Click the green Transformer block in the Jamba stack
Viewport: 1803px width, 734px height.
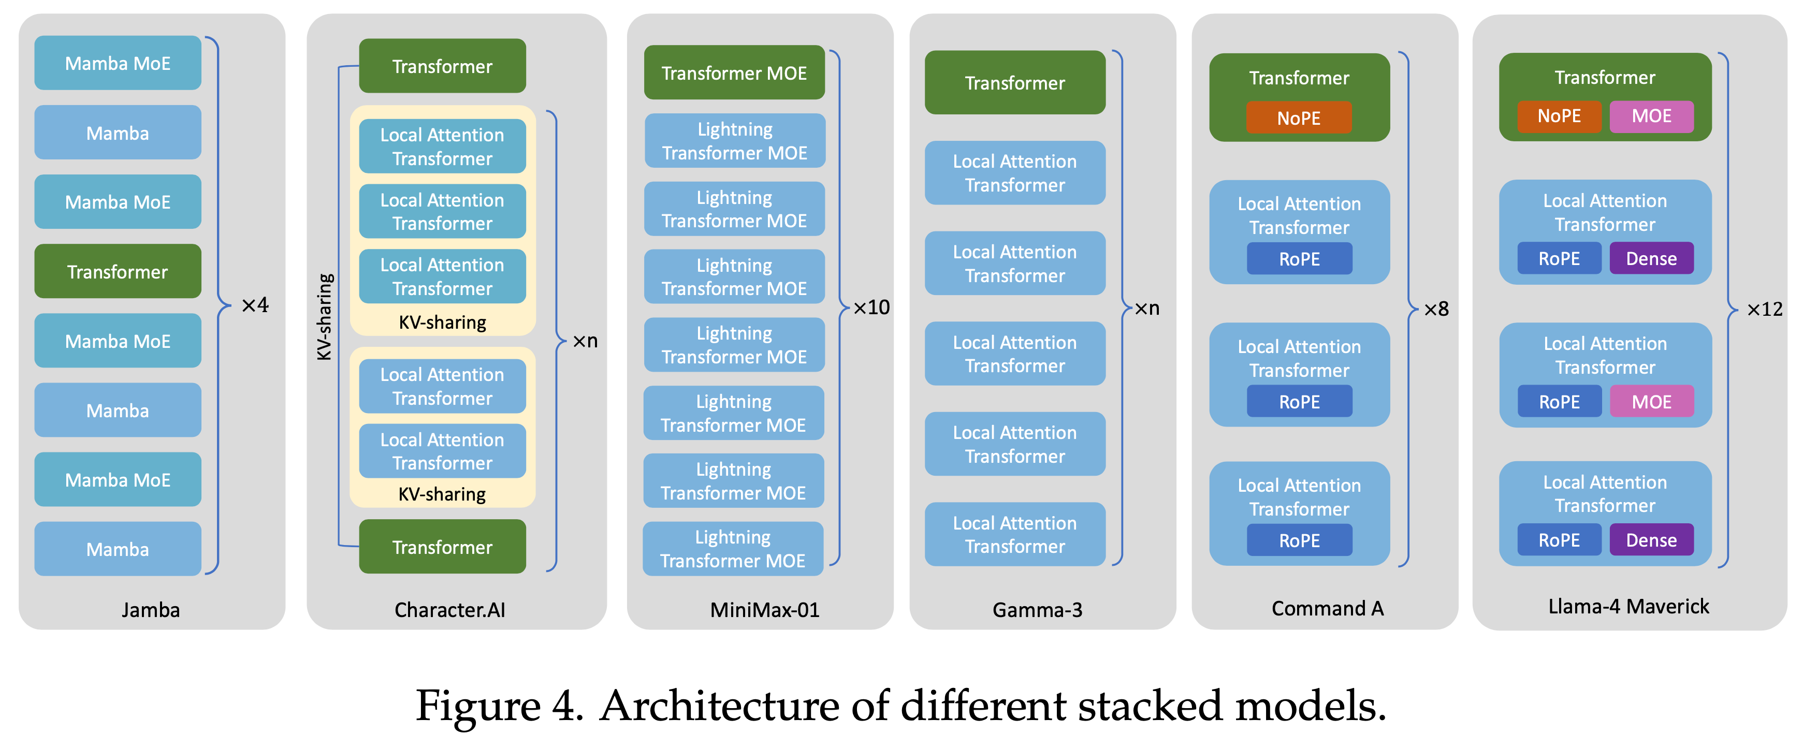coord(118,271)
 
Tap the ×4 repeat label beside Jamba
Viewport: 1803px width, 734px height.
coord(255,305)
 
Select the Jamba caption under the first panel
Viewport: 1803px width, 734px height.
coord(151,609)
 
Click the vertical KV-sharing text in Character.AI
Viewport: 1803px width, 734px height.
coord(324,316)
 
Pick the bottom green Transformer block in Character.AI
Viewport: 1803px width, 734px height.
coord(442,547)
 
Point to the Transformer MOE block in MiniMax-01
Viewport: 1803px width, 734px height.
coord(734,73)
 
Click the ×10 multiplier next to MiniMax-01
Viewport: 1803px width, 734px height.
coord(871,307)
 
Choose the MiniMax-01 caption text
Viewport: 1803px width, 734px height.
coord(764,609)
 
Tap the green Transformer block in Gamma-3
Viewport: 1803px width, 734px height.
coord(1015,83)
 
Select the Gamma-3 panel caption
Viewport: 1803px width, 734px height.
coord(1037,609)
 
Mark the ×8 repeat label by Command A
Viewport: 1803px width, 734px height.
coord(1436,309)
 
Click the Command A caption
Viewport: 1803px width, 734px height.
coord(1327,608)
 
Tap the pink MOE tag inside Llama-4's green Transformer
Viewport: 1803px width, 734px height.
coord(1651,116)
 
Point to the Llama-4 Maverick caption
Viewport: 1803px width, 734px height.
coord(1628,606)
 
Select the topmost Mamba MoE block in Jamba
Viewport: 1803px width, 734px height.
coord(118,63)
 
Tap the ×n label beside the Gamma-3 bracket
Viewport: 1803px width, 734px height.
coord(1146,308)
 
